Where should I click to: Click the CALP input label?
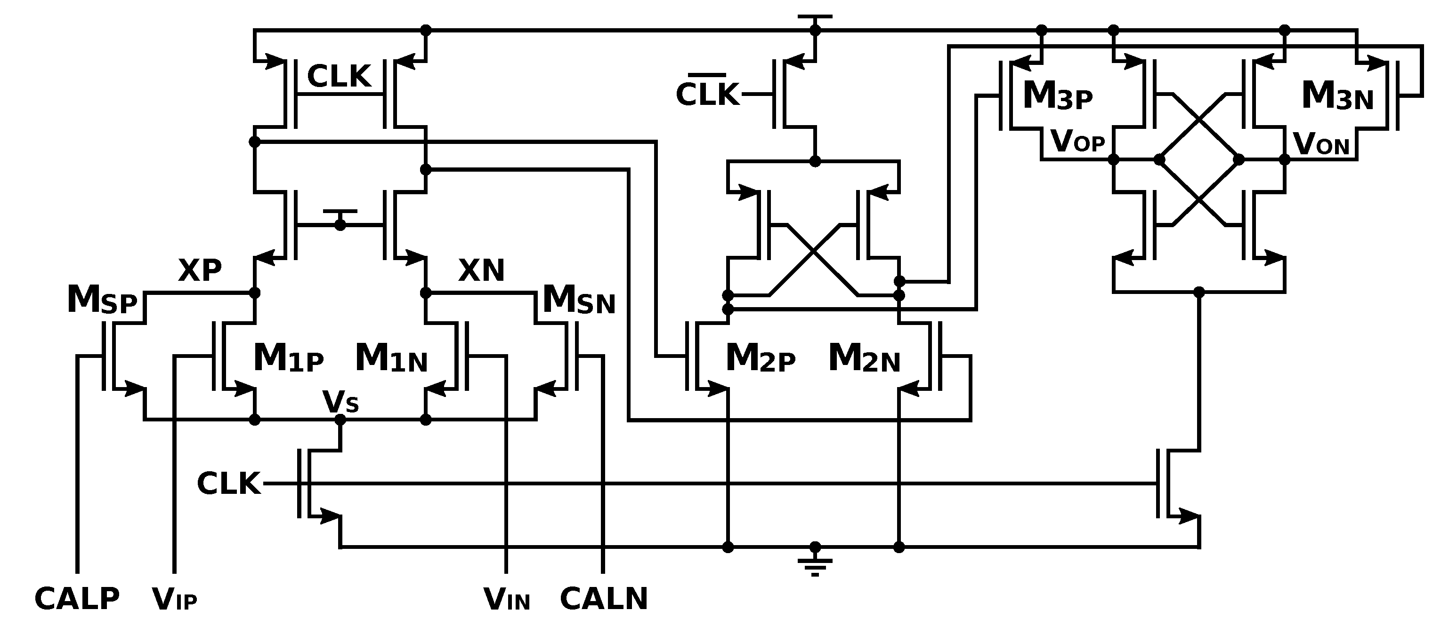(77, 599)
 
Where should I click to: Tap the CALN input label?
(604, 599)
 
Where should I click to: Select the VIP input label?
(174, 600)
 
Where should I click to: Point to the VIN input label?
(506, 600)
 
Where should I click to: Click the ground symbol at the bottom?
(815, 565)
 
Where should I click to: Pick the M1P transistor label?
(289, 358)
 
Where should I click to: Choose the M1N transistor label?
(391, 358)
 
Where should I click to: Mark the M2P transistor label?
(761, 358)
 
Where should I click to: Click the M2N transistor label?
(864, 358)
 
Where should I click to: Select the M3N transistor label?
(1337, 95)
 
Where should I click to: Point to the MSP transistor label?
(102, 300)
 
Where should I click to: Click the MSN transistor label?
(578, 300)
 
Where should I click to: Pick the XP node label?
(200, 270)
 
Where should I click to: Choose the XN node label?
(481, 270)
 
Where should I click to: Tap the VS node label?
(340, 402)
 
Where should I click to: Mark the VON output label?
(1321, 144)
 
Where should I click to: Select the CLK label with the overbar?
(707, 93)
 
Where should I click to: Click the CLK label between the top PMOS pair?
(339, 76)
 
